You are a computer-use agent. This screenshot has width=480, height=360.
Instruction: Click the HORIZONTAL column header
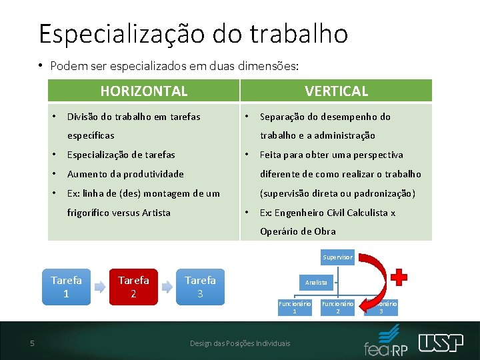click(143, 91)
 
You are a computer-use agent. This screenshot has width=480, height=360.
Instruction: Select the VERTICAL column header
click(336, 91)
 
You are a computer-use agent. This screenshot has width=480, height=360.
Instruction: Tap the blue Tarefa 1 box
click(66, 287)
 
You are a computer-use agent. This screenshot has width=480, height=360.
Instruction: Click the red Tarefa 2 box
click(133, 287)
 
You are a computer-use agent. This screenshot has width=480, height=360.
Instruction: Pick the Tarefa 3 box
click(200, 287)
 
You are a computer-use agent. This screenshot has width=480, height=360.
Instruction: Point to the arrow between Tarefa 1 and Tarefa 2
click(99, 287)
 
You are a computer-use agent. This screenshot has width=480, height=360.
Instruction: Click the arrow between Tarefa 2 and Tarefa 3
click(167, 287)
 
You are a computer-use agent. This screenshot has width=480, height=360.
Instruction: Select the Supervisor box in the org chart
click(337, 257)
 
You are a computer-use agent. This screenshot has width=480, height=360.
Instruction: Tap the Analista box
click(316, 282)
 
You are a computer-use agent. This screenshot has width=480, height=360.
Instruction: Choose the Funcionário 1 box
click(295, 307)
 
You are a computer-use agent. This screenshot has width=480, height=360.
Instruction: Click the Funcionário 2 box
click(337, 307)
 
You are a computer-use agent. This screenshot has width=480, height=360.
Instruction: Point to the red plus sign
click(398, 277)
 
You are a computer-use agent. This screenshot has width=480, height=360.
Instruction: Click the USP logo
click(441, 343)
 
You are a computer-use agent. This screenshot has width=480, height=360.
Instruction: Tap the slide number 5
click(32, 343)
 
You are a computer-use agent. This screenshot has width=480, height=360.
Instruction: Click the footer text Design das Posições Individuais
click(240, 343)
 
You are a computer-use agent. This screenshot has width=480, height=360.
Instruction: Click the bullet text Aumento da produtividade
click(125, 174)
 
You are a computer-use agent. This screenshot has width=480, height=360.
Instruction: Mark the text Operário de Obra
click(297, 231)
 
